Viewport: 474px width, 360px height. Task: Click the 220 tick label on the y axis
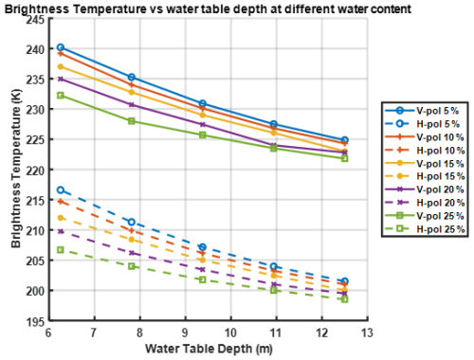click(35, 170)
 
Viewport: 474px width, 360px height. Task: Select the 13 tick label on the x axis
click(365, 333)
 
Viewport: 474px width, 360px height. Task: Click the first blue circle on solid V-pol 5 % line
click(61, 47)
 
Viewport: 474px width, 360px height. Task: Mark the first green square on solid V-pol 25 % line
click(61, 95)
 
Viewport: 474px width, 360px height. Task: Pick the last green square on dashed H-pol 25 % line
click(344, 299)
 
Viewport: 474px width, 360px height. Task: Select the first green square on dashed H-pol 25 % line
click(61, 250)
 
